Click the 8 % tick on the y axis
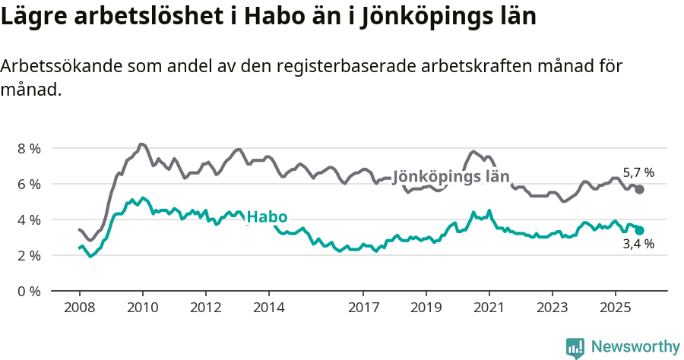29,148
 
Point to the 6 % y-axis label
29,184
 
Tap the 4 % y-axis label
29,219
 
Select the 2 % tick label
29,255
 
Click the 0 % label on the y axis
29,291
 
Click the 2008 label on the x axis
79,308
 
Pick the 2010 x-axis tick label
142,308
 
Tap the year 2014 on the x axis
268,308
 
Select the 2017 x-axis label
363,308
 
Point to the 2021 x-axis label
489,308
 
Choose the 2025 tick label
615,308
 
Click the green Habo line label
267,217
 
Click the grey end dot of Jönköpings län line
640,189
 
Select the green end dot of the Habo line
640,230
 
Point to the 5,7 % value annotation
638,172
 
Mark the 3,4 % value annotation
638,245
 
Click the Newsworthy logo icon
575,347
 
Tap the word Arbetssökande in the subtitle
55,66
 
